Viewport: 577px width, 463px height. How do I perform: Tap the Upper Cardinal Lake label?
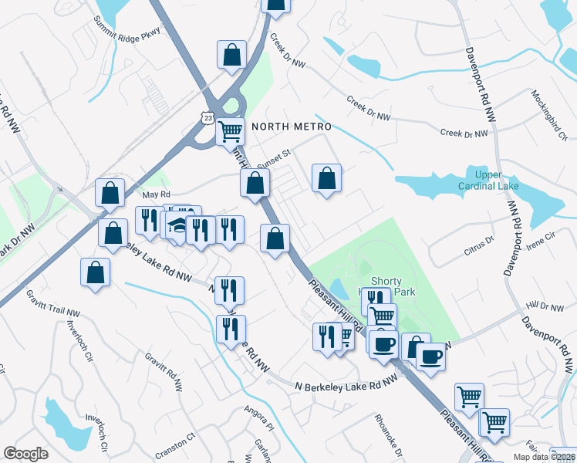point(483,181)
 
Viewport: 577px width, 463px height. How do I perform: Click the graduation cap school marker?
point(177,225)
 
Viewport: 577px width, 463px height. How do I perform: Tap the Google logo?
point(25,454)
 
